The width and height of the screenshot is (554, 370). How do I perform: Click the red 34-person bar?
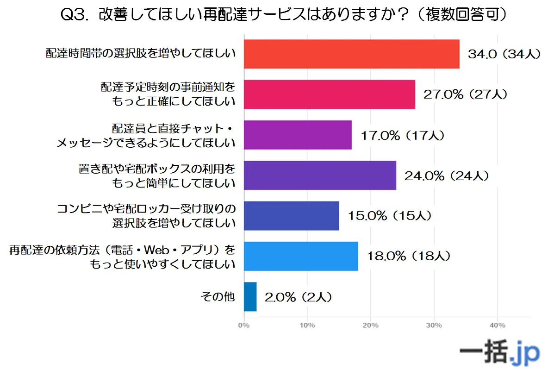351,54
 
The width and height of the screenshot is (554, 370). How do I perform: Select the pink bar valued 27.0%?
329,94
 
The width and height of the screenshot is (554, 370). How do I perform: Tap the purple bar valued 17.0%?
298,135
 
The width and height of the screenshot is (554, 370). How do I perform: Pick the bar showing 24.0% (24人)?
320,175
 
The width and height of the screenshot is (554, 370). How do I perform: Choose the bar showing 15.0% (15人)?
291,215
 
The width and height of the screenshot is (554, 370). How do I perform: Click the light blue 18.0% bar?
301,256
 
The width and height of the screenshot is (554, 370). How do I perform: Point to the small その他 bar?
250,296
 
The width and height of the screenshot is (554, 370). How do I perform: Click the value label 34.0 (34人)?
504,54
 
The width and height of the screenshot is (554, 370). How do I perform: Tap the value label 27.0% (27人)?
465,94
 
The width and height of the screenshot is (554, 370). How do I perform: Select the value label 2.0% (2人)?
298,297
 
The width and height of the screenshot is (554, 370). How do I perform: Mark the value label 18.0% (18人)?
408,256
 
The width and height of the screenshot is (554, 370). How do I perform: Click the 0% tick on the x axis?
243,325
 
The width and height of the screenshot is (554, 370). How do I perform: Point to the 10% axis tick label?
307,325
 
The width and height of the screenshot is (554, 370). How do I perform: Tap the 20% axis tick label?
371,325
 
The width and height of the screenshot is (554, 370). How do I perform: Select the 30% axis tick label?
434,325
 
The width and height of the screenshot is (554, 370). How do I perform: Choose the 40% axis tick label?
498,325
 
